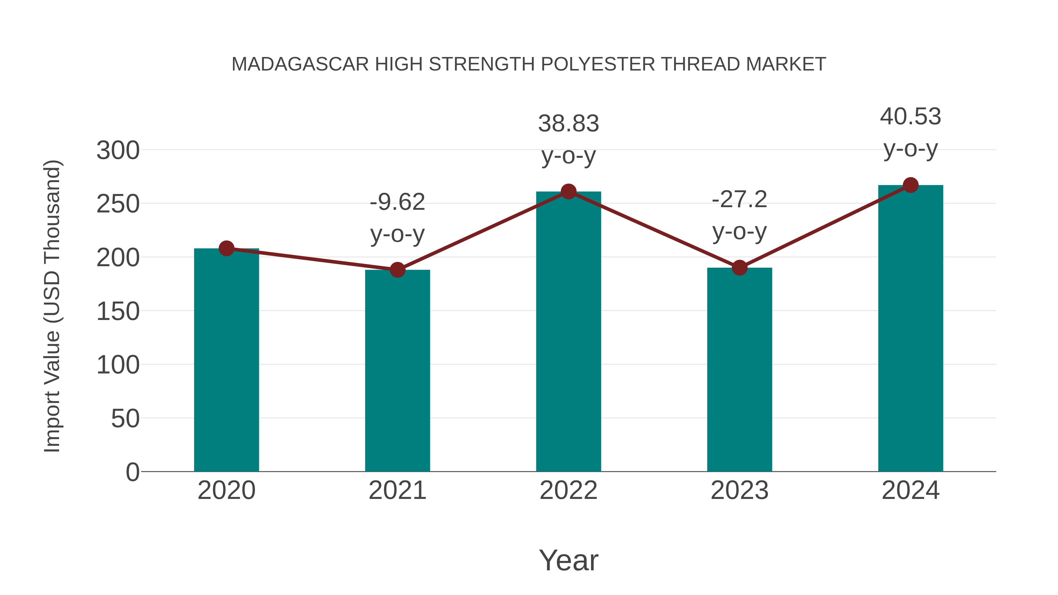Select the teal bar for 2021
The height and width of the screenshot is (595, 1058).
pos(397,371)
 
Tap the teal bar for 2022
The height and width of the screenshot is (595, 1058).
pos(568,331)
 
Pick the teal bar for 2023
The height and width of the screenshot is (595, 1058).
pos(739,370)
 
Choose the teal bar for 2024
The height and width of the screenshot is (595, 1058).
pos(910,328)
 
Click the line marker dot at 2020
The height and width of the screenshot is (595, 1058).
pos(226,248)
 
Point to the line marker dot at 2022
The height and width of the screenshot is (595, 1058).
pos(568,191)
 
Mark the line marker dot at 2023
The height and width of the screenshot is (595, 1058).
pos(739,268)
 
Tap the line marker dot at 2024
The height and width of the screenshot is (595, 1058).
pos(910,185)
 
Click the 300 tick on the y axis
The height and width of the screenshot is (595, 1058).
pos(118,150)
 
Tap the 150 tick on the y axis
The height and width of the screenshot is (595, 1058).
pos(118,311)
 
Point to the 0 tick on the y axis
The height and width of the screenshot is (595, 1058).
pos(132,472)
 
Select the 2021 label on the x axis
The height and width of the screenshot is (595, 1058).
pos(397,490)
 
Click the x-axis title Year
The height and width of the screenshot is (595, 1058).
pos(568,560)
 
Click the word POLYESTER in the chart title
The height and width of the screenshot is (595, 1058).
pos(597,64)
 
